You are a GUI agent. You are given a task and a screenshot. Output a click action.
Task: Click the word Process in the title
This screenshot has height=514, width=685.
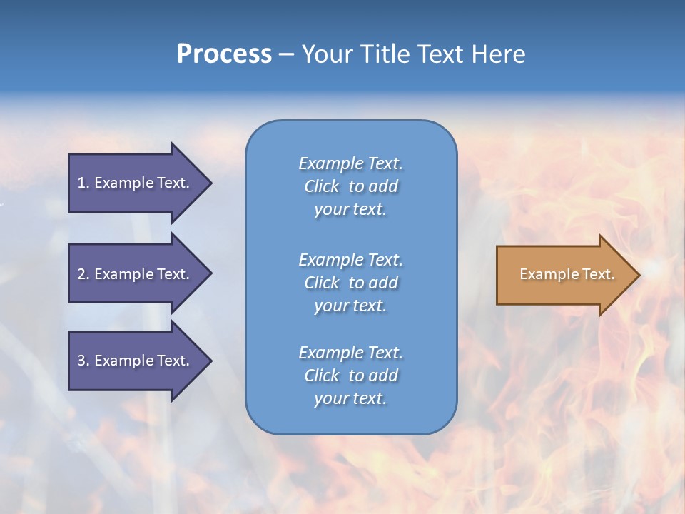[224, 54]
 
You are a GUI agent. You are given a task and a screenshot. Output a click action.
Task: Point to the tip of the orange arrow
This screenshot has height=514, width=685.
[639, 275]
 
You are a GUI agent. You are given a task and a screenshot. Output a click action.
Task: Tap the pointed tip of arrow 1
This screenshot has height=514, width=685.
[210, 183]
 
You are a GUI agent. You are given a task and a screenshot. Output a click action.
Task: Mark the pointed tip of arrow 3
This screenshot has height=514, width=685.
[210, 361]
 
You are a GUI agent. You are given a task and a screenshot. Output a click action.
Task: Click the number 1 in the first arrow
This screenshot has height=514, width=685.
[81, 183]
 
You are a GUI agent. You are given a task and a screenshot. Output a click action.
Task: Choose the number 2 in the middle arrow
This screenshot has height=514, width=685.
[81, 274]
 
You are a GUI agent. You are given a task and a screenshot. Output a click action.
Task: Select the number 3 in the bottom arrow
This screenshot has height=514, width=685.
[81, 361]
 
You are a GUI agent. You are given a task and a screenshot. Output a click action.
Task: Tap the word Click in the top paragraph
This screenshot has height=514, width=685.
[322, 187]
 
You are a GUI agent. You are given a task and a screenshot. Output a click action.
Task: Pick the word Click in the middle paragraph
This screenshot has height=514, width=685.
[322, 283]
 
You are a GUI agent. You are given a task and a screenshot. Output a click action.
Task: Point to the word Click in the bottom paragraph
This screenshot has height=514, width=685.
[322, 376]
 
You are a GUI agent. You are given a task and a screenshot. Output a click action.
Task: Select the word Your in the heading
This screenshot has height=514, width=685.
[328, 54]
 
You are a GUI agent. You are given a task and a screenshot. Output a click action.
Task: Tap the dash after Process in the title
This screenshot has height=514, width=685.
[286, 55]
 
